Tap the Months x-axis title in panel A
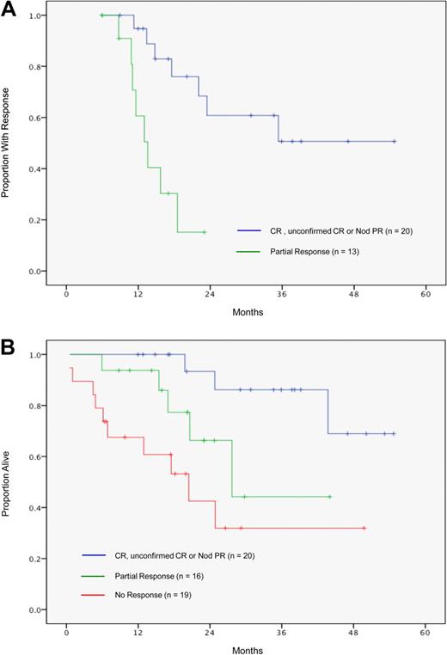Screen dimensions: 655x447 click(247, 312)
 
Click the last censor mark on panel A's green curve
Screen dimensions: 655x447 click(204, 232)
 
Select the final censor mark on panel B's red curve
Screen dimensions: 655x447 click(364, 528)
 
